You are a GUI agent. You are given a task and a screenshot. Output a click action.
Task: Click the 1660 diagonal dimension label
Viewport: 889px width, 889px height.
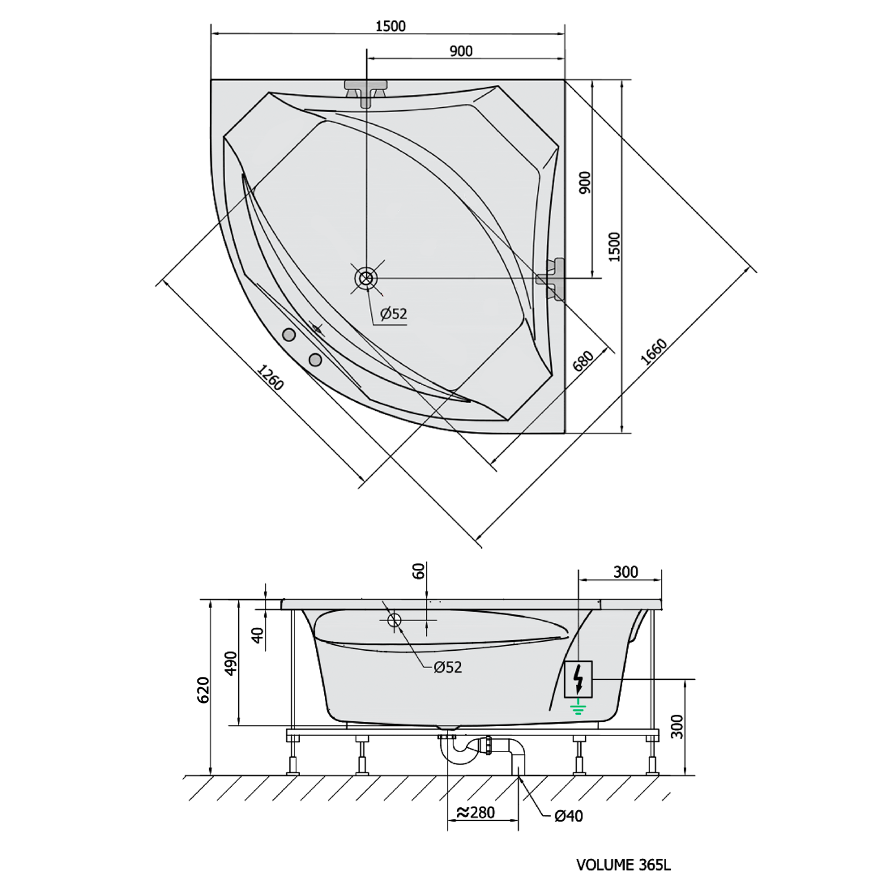click(654, 353)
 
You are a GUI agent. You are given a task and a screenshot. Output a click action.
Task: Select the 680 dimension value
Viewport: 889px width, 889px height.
click(583, 361)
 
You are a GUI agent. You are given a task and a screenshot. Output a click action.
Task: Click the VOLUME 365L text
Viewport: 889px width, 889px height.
click(623, 865)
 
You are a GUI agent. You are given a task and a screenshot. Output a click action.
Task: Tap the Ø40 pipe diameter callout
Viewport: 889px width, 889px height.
click(568, 816)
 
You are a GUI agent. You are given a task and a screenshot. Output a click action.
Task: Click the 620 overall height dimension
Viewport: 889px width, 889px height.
click(203, 689)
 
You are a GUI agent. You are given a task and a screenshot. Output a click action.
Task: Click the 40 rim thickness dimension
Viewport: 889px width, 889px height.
click(257, 635)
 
